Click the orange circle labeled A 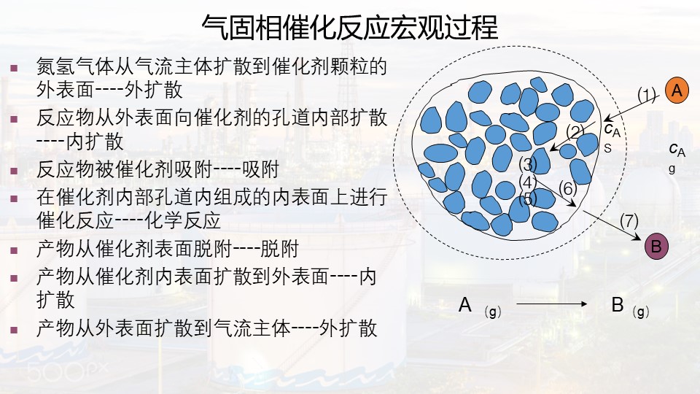click(x=677, y=90)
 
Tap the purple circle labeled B click(x=656, y=246)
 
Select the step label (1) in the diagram click(x=647, y=95)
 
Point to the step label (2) click(x=575, y=131)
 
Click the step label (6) click(x=568, y=188)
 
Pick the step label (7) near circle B click(x=629, y=220)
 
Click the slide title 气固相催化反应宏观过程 click(x=349, y=27)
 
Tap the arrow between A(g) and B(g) click(x=551, y=304)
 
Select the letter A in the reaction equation click(x=464, y=305)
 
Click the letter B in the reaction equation click(x=618, y=305)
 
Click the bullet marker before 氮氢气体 click(x=15, y=69)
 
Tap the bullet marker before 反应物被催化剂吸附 click(x=15, y=171)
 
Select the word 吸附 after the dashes click(x=260, y=170)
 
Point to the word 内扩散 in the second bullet click(x=95, y=142)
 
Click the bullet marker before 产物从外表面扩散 click(x=15, y=330)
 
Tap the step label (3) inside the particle click(x=528, y=164)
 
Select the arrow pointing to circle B click(x=612, y=225)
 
